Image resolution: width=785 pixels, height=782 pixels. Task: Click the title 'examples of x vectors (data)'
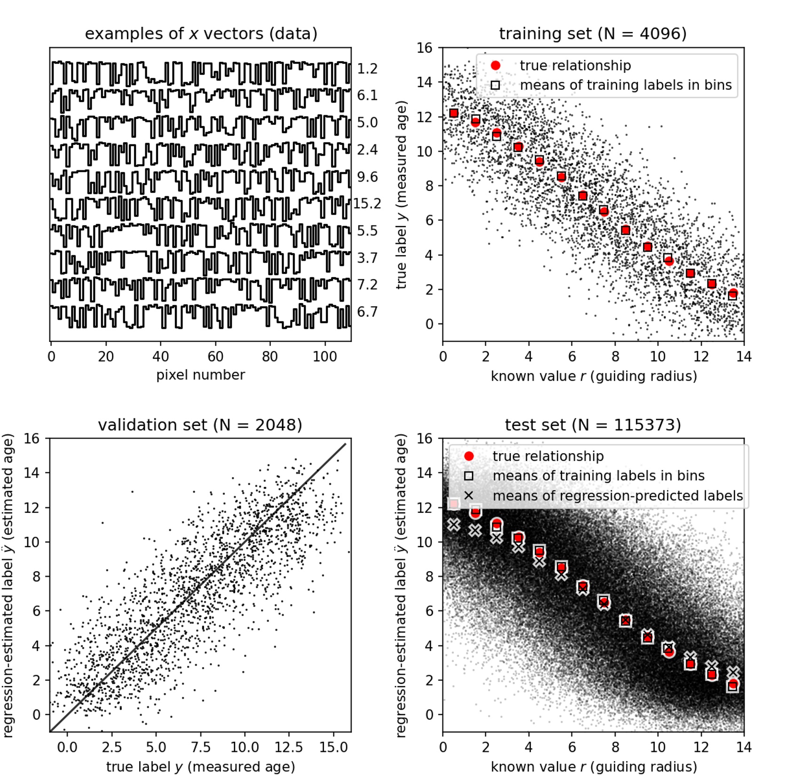coord(201,34)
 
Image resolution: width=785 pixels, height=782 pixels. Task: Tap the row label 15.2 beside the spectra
coord(367,204)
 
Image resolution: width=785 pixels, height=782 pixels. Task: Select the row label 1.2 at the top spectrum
coord(367,69)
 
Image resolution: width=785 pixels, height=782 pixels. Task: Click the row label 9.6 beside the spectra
coord(367,177)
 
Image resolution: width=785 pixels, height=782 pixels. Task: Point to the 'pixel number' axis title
coord(200,375)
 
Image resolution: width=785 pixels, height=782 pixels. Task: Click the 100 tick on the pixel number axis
coord(325,357)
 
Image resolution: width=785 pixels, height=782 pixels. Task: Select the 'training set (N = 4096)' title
coord(593,34)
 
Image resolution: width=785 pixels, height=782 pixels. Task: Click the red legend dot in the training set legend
coord(495,65)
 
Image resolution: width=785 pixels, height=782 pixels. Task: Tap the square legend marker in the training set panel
coord(495,85)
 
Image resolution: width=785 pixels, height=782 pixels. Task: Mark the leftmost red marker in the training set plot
coord(453,113)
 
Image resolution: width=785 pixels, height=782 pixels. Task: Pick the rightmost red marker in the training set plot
coord(733,294)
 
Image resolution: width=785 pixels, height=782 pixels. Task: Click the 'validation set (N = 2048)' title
coord(200,425)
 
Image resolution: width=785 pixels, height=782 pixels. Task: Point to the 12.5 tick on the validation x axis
coord(289,747)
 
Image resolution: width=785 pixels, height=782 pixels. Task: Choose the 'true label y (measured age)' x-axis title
coord(200,766)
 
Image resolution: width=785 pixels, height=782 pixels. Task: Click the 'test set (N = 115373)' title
coord(593,425)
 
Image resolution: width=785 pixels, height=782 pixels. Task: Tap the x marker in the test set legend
coord(468,495)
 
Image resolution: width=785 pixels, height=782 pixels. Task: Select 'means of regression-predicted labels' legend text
coord(618,495)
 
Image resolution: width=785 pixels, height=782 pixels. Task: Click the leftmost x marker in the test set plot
coord(453,524)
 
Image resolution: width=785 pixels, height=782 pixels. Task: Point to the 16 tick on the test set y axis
coord(425,439)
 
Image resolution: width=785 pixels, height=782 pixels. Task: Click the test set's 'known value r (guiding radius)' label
coord(594,766)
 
